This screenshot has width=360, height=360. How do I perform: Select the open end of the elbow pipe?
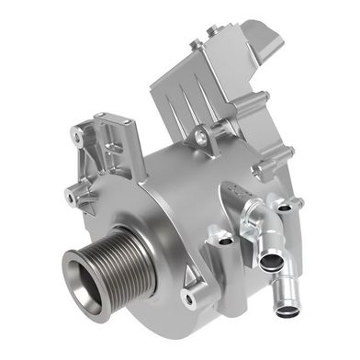click(272, 262)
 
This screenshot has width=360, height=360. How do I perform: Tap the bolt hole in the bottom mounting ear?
click(189, 299)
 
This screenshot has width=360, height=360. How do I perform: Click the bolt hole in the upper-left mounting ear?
click(89, 137)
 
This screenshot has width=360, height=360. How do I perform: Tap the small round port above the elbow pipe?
click(284, 208)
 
